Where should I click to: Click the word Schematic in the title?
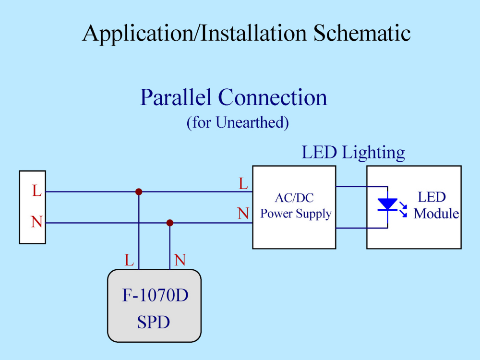[x=362, y=33]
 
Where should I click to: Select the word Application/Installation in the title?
[x=194, y=34]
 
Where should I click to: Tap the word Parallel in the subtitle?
[x=176, y=97]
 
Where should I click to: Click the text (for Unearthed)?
[x=238, y=123]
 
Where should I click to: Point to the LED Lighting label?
[x=353, y=153]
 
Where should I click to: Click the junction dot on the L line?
[x=139, y=192]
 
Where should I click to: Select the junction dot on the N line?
[x=170, y=223]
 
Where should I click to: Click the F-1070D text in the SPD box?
[x=155, y=295]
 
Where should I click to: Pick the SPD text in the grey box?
[x=154, y=322]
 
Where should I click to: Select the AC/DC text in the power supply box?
[x=294, y=198]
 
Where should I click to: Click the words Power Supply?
[x=296, y=214]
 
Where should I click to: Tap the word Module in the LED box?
[x=436, y=214]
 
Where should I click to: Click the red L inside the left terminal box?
[x=37, y=191]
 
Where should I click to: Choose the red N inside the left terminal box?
[x=36, y=222]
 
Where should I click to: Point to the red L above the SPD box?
[x=129, y=260]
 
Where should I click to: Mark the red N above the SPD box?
[x=180, y=260]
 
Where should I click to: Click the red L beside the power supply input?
[x=243, y=184]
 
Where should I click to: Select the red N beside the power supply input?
[x=243, y=214]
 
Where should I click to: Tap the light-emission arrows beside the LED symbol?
[x=404, y=209]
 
